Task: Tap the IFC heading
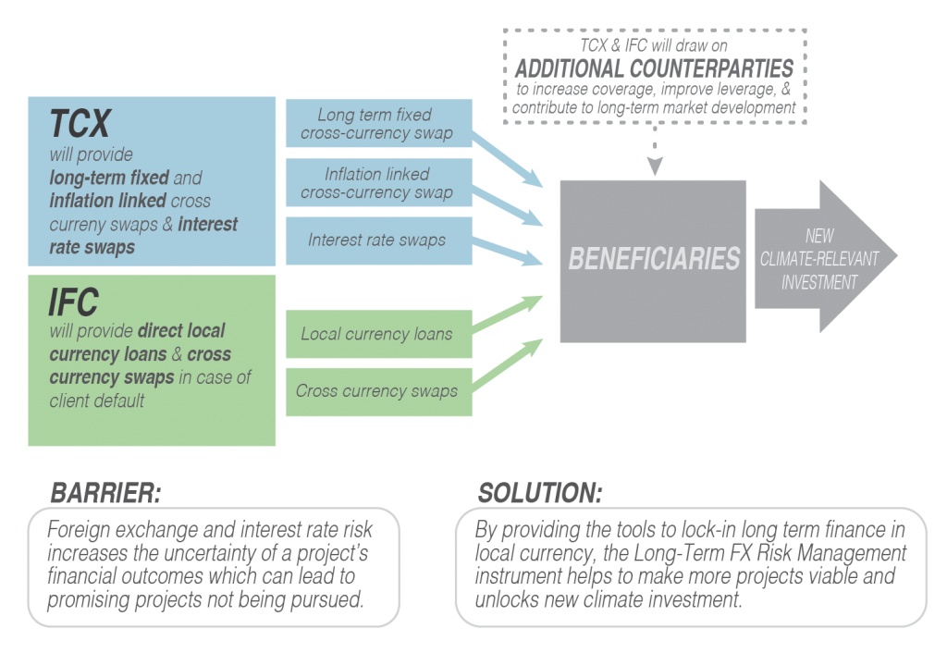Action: [x=74, y=302]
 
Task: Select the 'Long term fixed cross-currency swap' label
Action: [x=375, y=124]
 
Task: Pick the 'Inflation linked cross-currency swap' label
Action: [x=376, y=183]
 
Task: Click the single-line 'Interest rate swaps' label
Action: [x=376, y=240]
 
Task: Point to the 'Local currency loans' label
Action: [x=376, y=334]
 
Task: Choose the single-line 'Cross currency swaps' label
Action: [x=376, y=391]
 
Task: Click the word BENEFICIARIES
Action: [x=654, y=259]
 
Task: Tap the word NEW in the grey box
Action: [x=819, y=237]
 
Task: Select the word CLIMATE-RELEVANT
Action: [x=819, y=260]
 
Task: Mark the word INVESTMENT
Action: [x=819, y=283]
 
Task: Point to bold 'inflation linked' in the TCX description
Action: [x=107, y=201]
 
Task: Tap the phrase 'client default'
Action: [x=97, y=401]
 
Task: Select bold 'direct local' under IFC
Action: [x=181, y=330]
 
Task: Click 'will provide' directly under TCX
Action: [x=92, y=154]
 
